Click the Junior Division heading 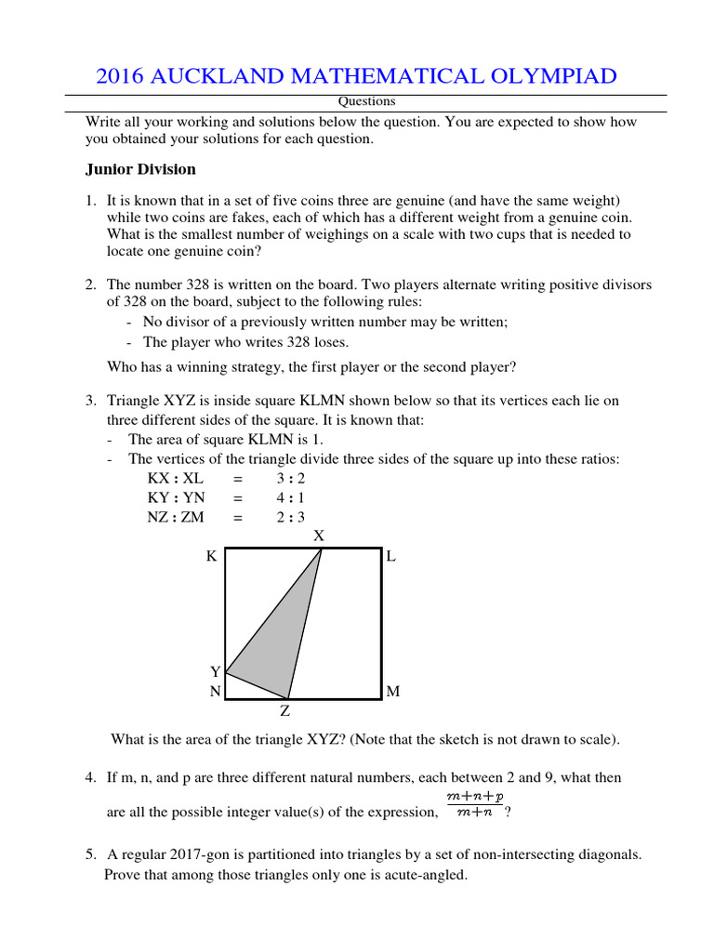click(x=140, y=169)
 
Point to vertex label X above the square click(x=319, y=535)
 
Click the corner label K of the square click(x=211, y=557)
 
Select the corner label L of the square click(x=391, y=557)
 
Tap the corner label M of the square click(x=392, y=692)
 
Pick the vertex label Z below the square click(x=285, y=711)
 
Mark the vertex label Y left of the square click(x=215, y=671)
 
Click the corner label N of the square click(x=215, y=692)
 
